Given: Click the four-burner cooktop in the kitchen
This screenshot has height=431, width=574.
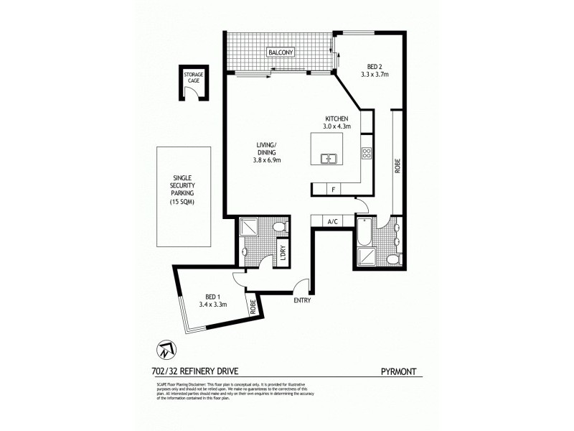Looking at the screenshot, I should (x=366, y=152).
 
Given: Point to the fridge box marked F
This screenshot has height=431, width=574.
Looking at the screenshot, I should (x=334, y=189).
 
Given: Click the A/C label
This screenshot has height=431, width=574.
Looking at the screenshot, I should (x=333, y=221).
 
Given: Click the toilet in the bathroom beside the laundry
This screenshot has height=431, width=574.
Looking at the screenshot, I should (x=281, y=228).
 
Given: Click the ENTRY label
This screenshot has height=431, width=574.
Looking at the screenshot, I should (x=302, y=300).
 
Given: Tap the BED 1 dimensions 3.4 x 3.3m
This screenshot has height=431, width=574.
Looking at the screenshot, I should (x=212, y=305).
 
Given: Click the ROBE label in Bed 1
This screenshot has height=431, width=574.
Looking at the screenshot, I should (x=253, y=307).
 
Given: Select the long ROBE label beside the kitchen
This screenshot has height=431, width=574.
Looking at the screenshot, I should (x=396, y=167).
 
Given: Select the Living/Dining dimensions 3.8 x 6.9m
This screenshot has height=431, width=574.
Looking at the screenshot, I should (x=267, y=159).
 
